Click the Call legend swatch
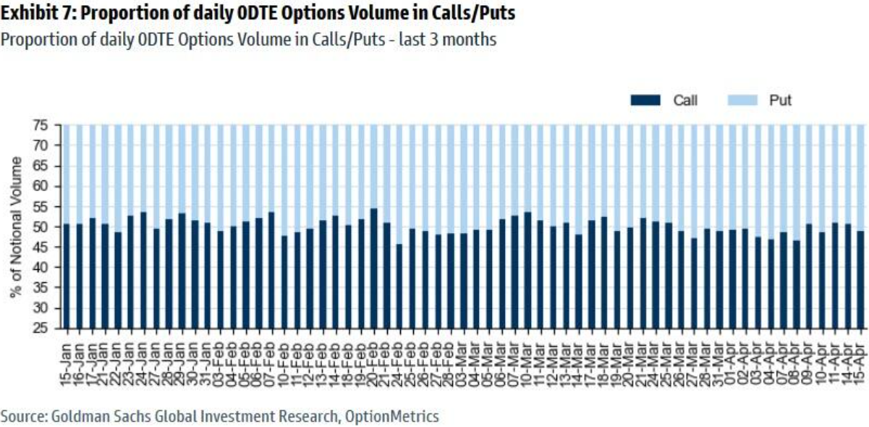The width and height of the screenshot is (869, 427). coord(645,101)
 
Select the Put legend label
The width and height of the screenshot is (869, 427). coord(780,101)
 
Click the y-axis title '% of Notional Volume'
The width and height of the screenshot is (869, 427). coord(17,227)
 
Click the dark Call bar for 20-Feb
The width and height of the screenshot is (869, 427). coord(373,269)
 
